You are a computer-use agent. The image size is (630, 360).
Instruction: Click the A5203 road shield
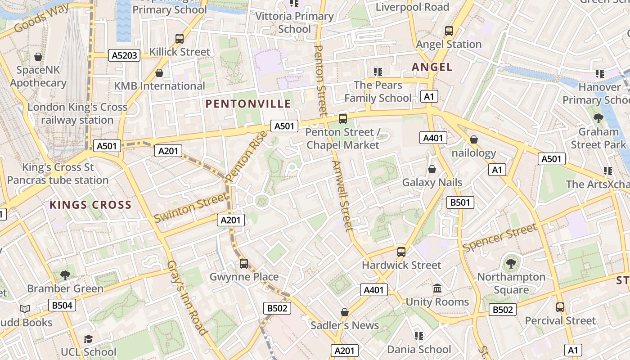coord(124,55)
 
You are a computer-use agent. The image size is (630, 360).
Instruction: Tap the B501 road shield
coord(460,202)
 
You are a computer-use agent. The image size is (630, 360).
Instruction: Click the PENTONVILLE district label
coord(248,104)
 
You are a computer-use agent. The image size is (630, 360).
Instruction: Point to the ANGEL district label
coord(432,67)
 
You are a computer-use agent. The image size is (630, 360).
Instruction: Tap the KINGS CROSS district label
coord(90,205)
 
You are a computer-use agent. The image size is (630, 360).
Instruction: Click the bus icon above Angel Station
coord(449,31)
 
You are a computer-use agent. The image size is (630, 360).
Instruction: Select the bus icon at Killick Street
coord(180,39)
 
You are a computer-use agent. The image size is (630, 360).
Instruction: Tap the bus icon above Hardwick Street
coord(401,252)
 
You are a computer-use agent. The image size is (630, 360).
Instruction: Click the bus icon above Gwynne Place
coord(244,264)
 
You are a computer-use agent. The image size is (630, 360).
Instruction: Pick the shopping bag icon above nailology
coord(473,140)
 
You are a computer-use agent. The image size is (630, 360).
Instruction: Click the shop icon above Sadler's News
coord(345,312)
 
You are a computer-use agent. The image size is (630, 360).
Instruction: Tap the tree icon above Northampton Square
coord(511,264)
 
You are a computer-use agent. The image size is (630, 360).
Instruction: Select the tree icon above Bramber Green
coord(65,275)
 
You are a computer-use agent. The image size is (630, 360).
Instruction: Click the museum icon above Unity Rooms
coord(437,288)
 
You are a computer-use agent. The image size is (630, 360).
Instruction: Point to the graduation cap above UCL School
coord(89,339)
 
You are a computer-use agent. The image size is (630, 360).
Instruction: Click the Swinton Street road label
coord(191,207)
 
